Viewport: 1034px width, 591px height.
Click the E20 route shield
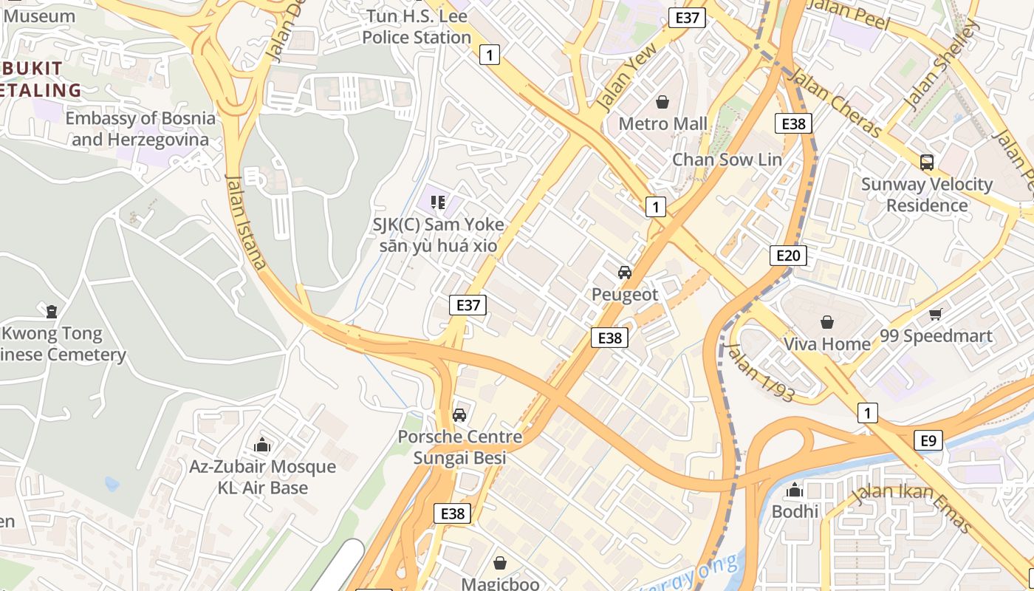point(788,256)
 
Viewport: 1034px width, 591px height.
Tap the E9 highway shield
point(928,441)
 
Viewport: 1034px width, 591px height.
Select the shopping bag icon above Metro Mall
point(662,102)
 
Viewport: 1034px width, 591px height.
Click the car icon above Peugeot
point(625,273)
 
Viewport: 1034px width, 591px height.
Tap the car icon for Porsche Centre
point(459,415)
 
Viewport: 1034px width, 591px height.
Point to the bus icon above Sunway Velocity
point(926,162)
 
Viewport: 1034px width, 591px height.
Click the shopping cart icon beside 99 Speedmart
point(936,315)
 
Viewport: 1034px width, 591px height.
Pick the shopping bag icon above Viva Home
point(826,322)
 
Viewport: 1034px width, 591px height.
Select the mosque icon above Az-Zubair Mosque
point(262,445)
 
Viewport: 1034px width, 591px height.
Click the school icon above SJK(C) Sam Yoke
point(438,202)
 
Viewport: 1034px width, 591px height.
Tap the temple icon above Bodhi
point(795,490)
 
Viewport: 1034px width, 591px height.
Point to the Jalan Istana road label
point(246,222)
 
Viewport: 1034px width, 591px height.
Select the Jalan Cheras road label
point(835,102)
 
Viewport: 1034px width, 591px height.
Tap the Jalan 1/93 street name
point(760,372)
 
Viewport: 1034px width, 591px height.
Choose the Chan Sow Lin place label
point(727,160)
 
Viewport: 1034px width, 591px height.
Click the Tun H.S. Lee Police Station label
point(417,27)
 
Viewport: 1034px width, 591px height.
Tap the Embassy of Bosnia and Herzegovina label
point(140,129)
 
